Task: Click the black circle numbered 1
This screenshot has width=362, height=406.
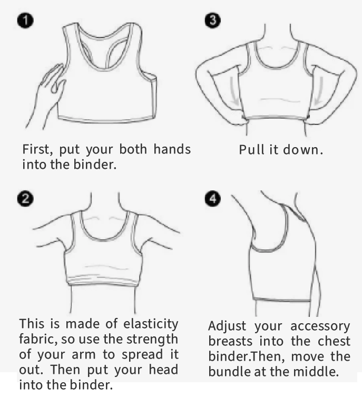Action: click(25, 21)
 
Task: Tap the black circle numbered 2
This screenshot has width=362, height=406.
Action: click(25, 199)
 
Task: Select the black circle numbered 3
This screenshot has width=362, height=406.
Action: click(213, 20)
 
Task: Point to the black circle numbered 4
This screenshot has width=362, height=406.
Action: click(213, 199)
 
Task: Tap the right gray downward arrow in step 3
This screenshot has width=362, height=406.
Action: click(319, 91)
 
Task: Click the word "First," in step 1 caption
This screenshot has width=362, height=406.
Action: click(37, 150)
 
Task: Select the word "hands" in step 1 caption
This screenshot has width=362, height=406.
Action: click(172, 149)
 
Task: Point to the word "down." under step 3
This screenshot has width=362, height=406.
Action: click(303, 150)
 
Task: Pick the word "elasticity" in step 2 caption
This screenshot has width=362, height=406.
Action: click(151, 324)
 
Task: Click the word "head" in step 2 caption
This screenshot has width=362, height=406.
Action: click(163, 370)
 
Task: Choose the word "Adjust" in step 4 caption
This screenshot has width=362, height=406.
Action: click(227, 326)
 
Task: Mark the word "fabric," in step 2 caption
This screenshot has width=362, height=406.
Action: click(38, 340)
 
